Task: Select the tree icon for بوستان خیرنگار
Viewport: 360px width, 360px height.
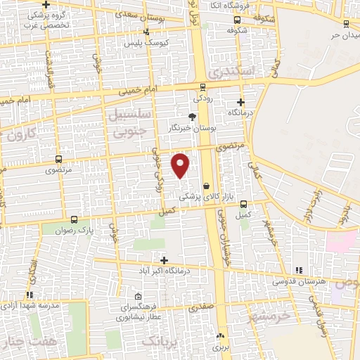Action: tap(193, 117)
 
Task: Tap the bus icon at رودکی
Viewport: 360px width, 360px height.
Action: tap(202, 87)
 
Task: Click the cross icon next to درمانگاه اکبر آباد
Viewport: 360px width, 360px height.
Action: tap(164, 260)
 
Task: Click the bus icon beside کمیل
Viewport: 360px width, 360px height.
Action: tap(243, 204)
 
